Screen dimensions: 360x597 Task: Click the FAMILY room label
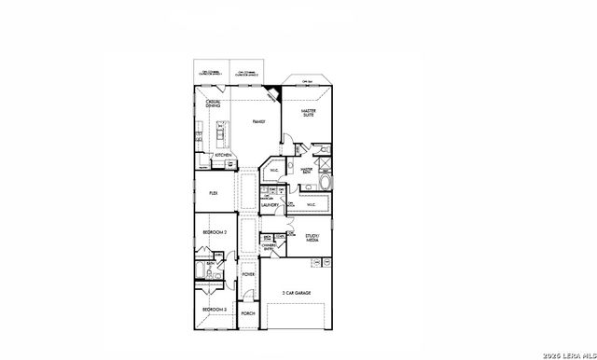(x=258, y=122)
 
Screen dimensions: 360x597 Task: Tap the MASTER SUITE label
(x=309, y=114)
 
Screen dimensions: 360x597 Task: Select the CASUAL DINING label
(x=214, y=104)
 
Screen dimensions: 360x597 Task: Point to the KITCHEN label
(x=223, y=156)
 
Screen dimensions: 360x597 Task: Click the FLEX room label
(x=214, y=191)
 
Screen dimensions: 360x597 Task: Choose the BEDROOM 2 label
(x=216, y=231)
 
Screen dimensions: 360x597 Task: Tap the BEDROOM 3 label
(x=215, y=309)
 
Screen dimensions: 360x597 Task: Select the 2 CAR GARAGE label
(x=297, y=292)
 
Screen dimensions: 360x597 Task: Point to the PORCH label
(x=248, y=314)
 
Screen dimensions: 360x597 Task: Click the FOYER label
(x=248, y=275)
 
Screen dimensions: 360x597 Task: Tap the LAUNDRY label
(x=271, y=204)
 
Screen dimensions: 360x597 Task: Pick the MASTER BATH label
(x=304, y=170)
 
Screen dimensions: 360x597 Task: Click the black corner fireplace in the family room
(x=272, y=93)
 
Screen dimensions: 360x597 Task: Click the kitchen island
(x=220, y=134)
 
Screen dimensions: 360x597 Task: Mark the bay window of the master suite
(x=307, y=81)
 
